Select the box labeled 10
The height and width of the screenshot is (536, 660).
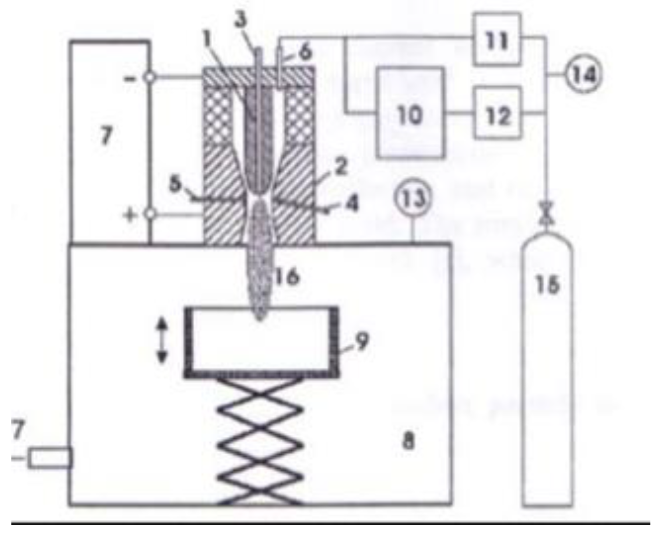pos(410,113)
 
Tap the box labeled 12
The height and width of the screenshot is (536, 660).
pos(497,113)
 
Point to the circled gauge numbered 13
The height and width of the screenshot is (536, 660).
pos(413,199)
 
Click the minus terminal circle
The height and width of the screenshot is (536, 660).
pos(149,77)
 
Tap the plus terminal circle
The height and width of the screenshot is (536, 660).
pos(149,214)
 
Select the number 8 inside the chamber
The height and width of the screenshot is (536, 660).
pos(408,441)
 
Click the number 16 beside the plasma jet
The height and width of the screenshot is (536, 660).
pos(288,276)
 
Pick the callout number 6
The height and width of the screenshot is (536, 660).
pos(305,52)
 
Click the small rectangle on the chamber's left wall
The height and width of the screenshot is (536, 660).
pos(50,458)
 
